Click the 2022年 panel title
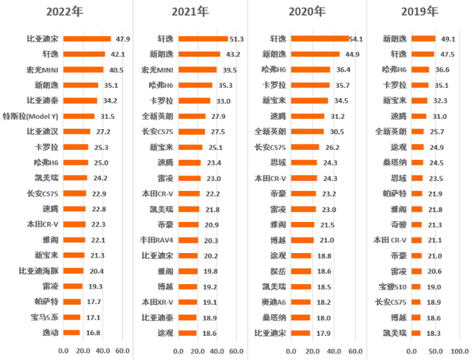[65, 12]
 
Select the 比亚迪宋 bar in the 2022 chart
[87, 39]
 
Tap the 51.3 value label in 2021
[237, 39]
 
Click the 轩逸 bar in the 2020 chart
[319, 39]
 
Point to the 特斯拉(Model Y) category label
[30, 116]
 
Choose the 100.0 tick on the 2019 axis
[459, 351]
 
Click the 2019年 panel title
[420, 12]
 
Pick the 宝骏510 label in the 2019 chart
[392, 287]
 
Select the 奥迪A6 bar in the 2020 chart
[301, 302]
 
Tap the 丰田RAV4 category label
[156, 240]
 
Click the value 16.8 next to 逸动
[93, 333]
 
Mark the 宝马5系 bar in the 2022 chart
[72, 317]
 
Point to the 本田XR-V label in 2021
[157, 302]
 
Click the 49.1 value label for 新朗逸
[448, 39]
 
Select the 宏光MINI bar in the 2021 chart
[198, 69]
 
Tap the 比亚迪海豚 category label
[38, 271]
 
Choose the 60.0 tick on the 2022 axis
[122, 351]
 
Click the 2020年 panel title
[307, 12]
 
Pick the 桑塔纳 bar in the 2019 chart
[417, 162]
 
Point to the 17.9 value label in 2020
[323, 333]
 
